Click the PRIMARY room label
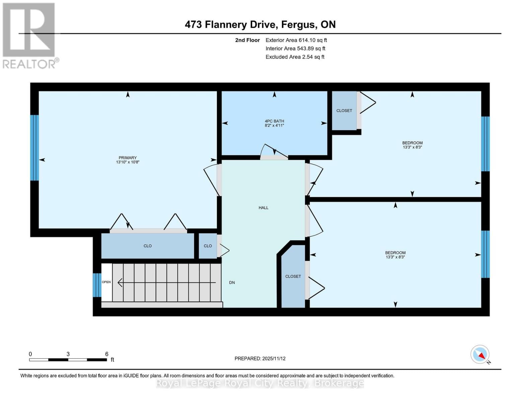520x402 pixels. (128, 157)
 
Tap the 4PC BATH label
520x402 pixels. (274, 121)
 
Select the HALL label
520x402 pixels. (264, 208)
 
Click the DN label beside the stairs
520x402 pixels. (232, 282)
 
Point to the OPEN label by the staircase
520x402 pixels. (106, 282)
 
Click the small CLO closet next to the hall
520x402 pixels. (208, 246)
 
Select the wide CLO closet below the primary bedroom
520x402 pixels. (148, 246)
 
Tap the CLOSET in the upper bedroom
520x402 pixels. (344, 111)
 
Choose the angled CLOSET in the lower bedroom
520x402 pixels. (293, 276)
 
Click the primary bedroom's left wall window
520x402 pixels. (34, 148)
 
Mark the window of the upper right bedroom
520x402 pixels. (485, 144)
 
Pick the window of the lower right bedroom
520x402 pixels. (485, 254)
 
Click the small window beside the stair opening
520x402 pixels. (97, 285)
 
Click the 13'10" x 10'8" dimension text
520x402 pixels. (128, 162)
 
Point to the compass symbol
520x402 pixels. (480, 354)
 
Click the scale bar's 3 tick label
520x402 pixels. (68, 354)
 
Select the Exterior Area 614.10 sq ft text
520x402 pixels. (296, 40)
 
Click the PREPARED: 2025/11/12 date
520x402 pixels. (260, 358)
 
